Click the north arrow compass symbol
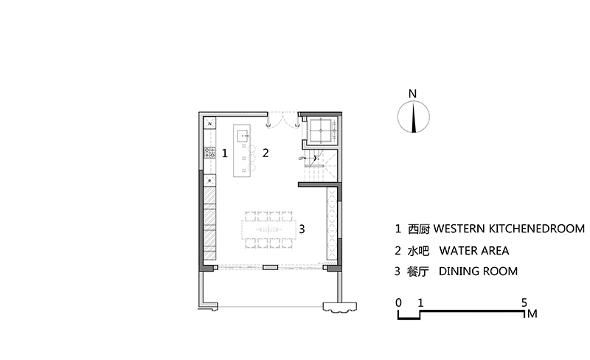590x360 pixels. tap(414, 117)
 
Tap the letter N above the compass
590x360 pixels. tap(413, 94)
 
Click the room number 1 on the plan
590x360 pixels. tap(225, 153)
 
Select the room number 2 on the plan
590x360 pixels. tap(265, 153)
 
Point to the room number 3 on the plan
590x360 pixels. tap(302, 229)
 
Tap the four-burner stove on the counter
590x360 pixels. tap(209, 153)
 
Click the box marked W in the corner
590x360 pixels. tap(209, 123)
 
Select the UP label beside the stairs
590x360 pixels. tap(301, 158)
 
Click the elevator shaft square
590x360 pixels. tap(321, 131)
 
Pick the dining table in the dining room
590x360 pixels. tap(268, 229)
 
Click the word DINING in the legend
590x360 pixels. tap(459, 271)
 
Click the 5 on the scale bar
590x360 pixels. tap(524, 302)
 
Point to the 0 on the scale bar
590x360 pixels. tap(398, 302)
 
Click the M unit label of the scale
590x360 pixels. tap(532, 314)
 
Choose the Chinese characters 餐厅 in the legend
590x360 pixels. tap(417, 271)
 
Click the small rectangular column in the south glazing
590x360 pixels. tap(270, 267)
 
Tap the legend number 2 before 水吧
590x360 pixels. tap(398, 251)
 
